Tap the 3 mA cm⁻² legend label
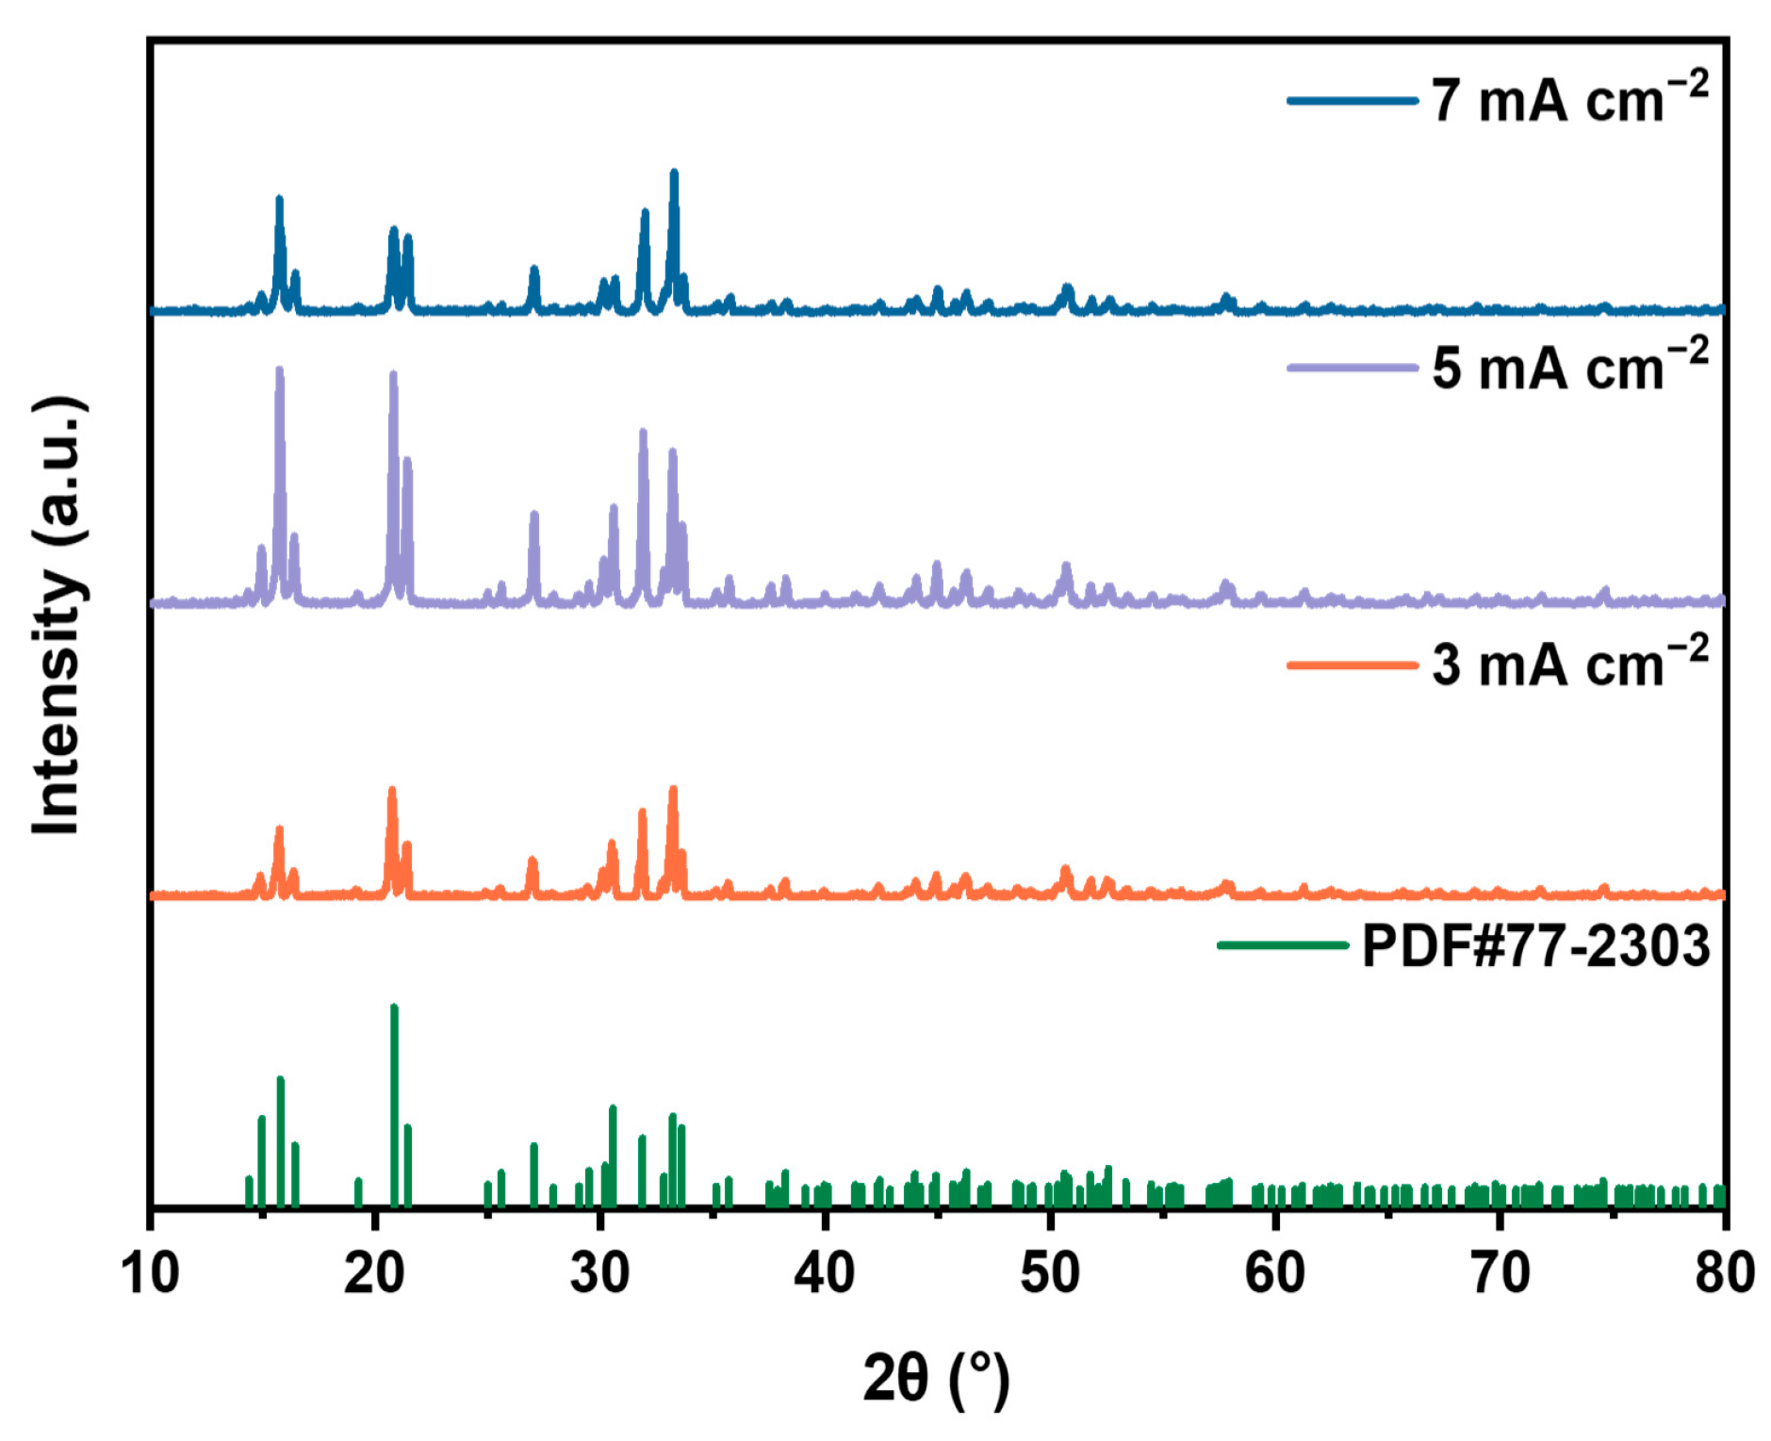point(1568,663)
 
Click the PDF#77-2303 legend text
point(1535,945)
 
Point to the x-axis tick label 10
point(150,1273)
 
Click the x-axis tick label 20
point(374,1273)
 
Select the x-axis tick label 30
point(599,1273)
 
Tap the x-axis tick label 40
point(824,1273)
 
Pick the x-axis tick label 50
point(1049,1273)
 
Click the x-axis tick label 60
point(1274,1273)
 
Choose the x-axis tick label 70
point(1500,1273)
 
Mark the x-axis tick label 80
point(1724,1273)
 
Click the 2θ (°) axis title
point(936,1378)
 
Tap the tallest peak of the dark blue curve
point(674,173)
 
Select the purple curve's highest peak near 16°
point(279,370)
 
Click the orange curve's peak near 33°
point(673,790)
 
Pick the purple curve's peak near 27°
point(534,515)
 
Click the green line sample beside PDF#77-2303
point(1283,945)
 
